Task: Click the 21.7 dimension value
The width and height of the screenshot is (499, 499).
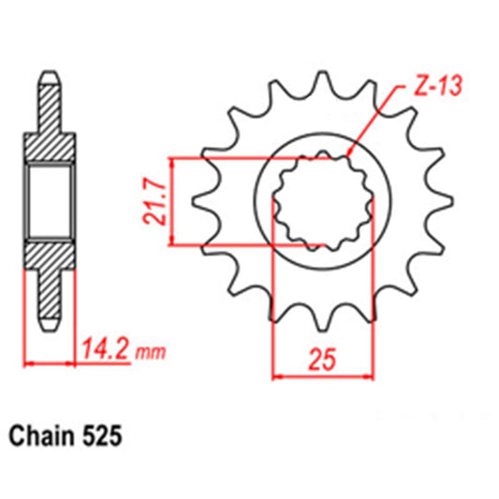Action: [x=158, y=199]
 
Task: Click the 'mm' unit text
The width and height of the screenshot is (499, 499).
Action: [x=150, y=354]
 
